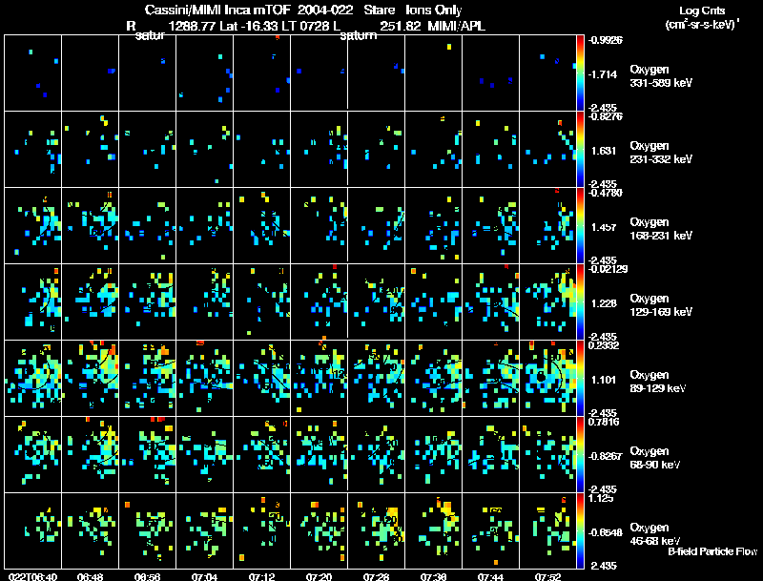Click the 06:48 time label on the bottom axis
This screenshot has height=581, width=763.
(x=91, y=576)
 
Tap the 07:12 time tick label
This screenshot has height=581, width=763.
(x=262, y=576)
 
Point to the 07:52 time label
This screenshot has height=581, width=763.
(x=548, y=576)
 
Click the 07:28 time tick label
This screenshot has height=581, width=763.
(x=377, y=576)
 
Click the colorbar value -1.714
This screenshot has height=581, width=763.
(x=607, y=73)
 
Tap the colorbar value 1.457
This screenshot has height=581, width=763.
(x=604, y=228)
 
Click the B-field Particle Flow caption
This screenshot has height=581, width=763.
(x=711, y=551)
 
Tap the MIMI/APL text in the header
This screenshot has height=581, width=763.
(x=458, y=26)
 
